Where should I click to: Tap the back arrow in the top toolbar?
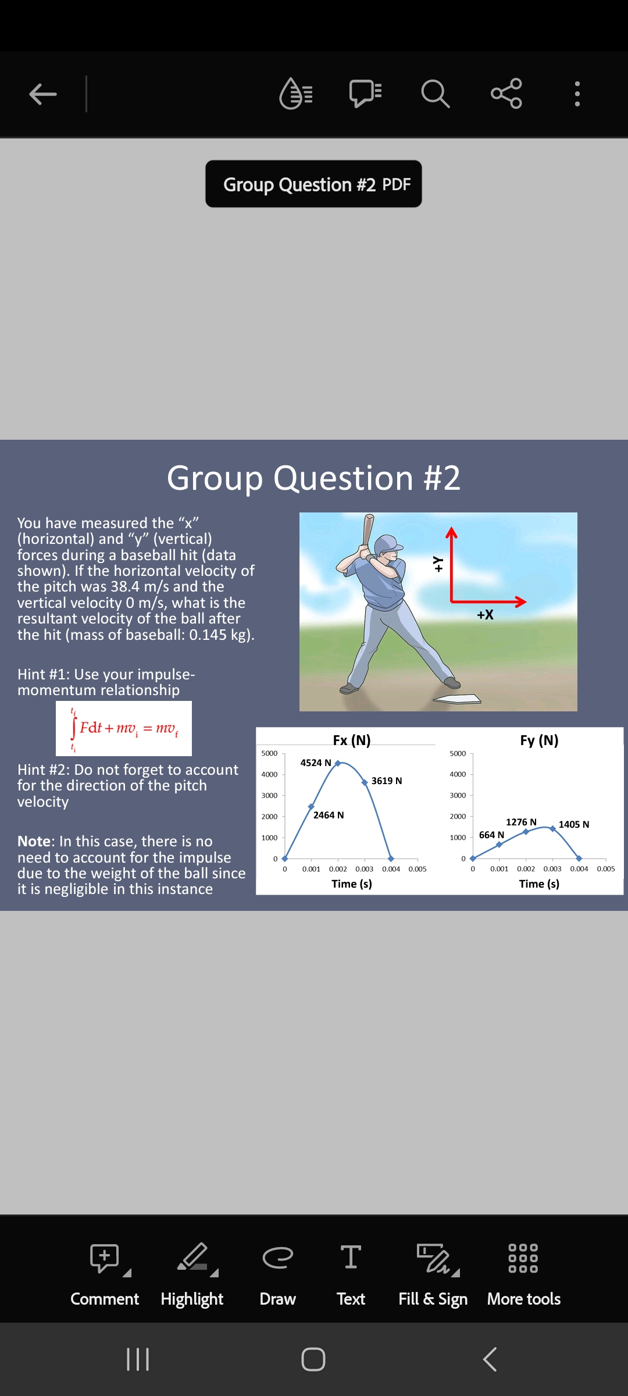tap(43, 94)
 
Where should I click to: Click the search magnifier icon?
tap(435, 94)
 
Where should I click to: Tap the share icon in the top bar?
tap(506, 94)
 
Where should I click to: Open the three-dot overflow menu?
tap(577, 94)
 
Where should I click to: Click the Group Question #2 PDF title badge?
tap(313, 184)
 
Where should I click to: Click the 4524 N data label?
tap(315, 763)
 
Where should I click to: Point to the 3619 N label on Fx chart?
tap(387, 781)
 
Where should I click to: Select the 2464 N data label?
tap(329, 815)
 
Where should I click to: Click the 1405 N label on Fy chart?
tap(574, 824)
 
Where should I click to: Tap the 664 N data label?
tap(491, 835)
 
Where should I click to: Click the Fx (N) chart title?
tap(352, 740)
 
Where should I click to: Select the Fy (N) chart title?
tap(539, 740)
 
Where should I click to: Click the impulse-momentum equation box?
tap(124, 728)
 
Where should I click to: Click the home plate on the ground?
tap(458, 699)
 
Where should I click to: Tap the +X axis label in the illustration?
tap(485, 615)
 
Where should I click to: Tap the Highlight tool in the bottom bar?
tap(192, 1274)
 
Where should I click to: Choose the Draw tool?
tap(277, 1274)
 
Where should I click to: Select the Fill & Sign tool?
tap(433, 1274)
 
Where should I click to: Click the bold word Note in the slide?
tap(34, 841)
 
